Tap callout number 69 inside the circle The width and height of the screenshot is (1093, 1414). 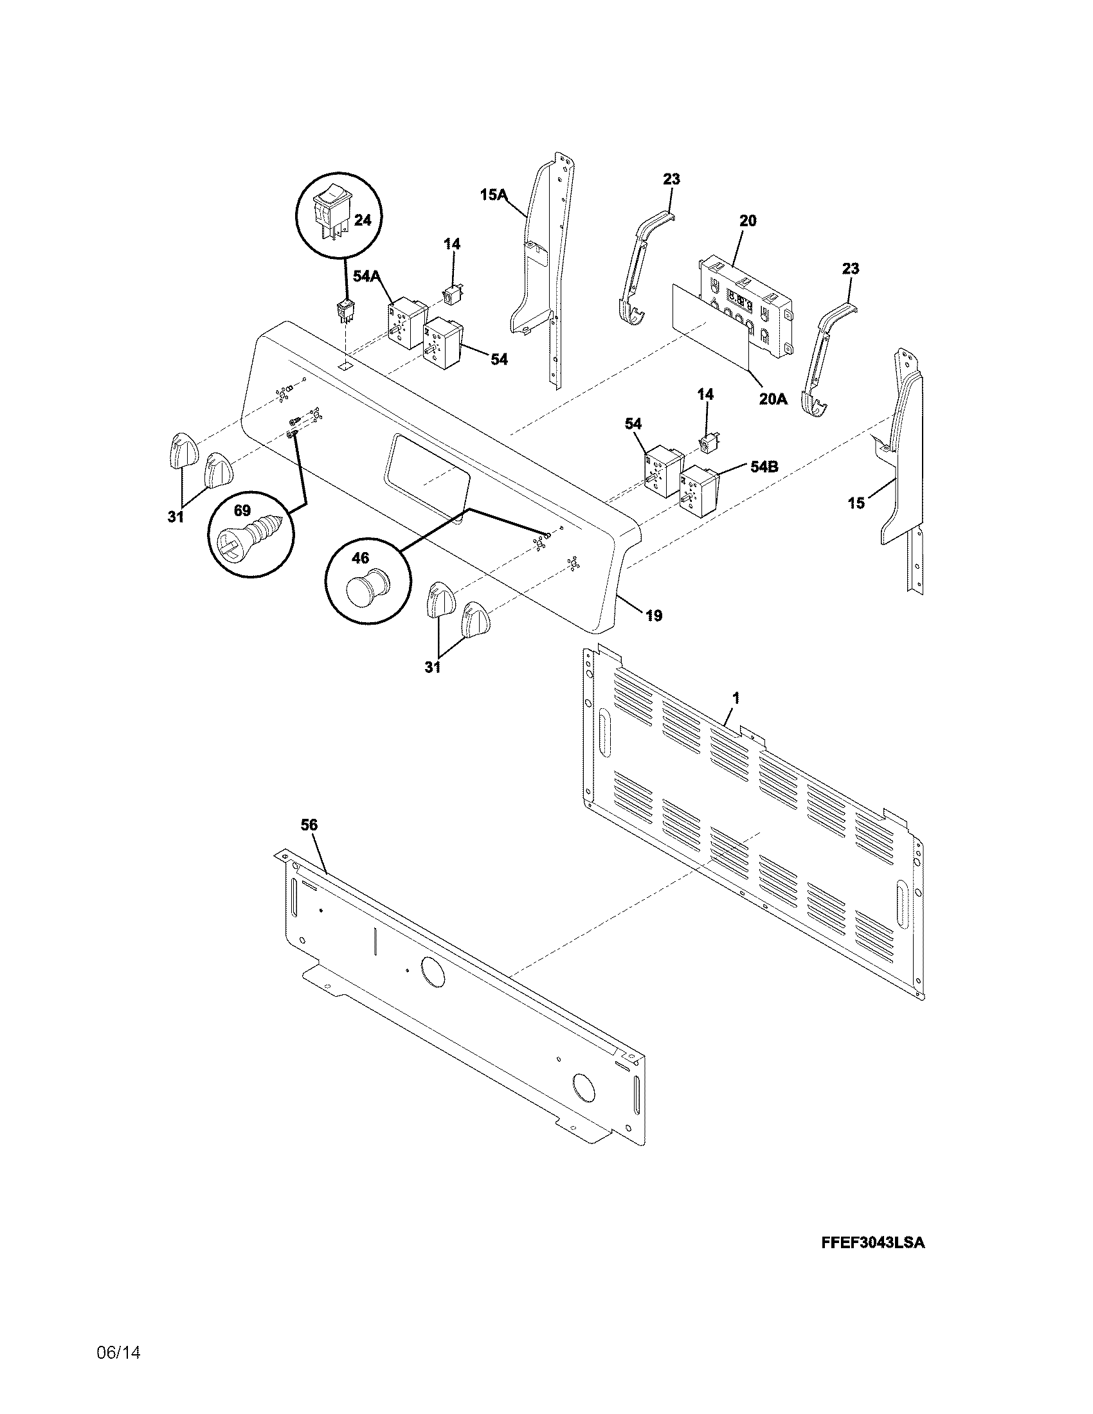click(x=242, y=511)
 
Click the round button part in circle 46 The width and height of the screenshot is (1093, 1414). click(x=366, y=586)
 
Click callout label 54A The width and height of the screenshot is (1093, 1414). click(x=366, y=276)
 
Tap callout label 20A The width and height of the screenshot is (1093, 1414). click(x=773, y=399)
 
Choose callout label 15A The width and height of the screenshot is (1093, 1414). click(x=493, y=193)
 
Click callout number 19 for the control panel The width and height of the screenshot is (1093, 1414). click(x=654, y=615)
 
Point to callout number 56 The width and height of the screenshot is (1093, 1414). click(x=309, y=825)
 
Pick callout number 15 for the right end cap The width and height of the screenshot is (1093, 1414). click(x=856, y=503)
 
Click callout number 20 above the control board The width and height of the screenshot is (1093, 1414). click(x=747, y=220)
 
